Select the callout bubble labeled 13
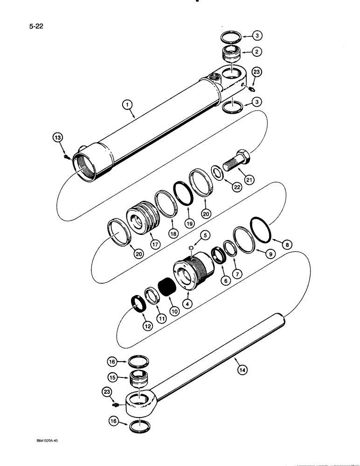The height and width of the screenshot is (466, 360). click(x=57, y=138)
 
